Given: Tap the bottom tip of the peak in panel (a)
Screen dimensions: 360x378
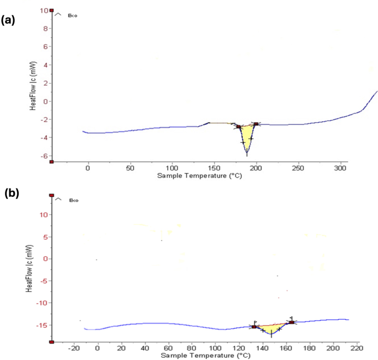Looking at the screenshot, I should tap(247, 155).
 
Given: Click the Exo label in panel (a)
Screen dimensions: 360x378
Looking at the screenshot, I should tap(72, 16).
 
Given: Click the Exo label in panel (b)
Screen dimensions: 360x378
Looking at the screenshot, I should tap(73, 201).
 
